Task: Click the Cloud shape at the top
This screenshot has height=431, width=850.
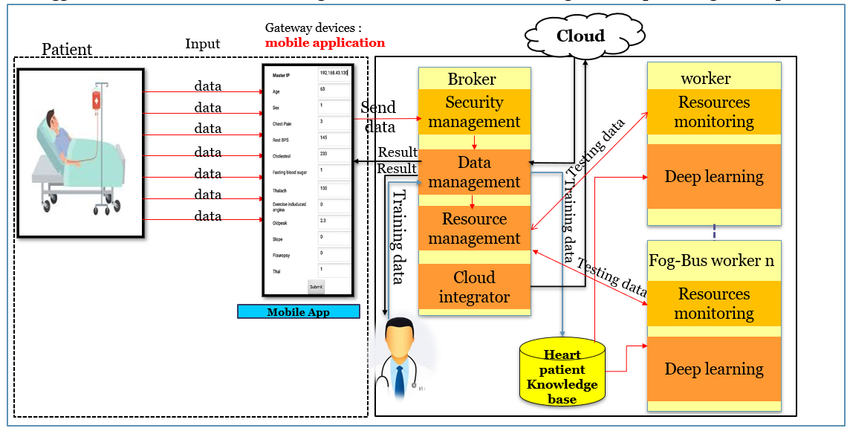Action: [x=580, y=36]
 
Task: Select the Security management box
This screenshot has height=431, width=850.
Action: [x=474, y=112]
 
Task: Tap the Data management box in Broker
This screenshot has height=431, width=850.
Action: [x=474, y=172]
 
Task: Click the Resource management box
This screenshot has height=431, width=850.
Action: [x=474, y=228]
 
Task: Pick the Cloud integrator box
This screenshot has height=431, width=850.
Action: [x=474, y=287]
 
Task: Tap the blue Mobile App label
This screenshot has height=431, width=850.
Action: [x=298, y=312]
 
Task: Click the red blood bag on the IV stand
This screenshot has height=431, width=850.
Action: [x=97, y=102]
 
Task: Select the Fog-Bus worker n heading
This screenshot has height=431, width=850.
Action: [x=711, y=261]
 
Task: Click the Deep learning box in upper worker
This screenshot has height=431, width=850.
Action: [x=713, y=177]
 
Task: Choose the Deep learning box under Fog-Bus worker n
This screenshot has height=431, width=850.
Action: [x=713, y=369]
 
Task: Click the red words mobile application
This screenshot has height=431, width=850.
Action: [x=325, y=42]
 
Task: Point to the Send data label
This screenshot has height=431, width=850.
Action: [x=377, y=117]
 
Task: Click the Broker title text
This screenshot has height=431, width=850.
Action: [x=472, y=79]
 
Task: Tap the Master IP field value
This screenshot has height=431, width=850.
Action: [x=333, y=74]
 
